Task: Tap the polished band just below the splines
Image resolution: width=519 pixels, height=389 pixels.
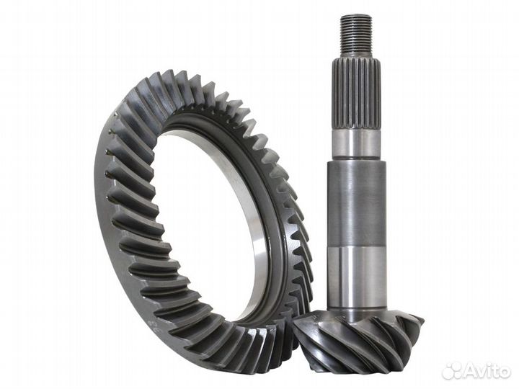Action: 355,142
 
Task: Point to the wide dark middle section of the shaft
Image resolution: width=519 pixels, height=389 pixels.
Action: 356,202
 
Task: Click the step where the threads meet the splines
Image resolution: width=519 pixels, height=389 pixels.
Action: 356,55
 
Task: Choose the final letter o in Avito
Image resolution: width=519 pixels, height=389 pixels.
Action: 505,372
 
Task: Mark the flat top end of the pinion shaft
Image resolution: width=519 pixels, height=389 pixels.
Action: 356,16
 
